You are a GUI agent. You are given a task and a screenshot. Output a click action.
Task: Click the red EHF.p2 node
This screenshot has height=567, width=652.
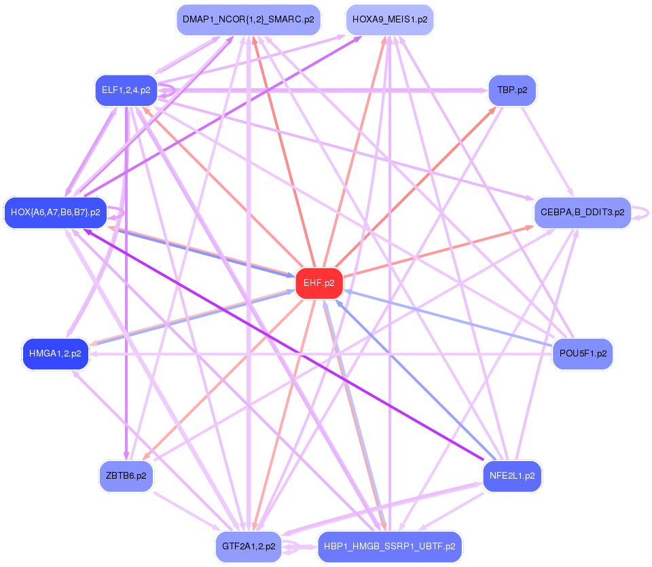pyautogui.click(x=319, y=283)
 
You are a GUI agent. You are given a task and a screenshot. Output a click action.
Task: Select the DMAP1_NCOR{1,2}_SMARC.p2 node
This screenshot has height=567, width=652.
pyautogui.click(x=248, y=20)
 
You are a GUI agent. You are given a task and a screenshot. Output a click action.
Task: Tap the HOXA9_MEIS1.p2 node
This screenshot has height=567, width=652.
pyautogui.click(x=389, y=20)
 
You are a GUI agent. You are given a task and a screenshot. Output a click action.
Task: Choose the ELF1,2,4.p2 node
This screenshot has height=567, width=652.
pyautogui.click(x=126, y=90)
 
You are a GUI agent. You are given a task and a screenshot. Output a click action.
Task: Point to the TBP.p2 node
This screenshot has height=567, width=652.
pyautogui.click(x=512, y=90)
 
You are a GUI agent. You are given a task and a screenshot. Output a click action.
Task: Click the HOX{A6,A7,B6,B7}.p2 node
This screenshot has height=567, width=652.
pyautogui.click(x=56, y=213)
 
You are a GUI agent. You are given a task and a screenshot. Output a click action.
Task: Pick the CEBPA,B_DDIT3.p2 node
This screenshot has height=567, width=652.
pyautogui.click(x=582, y=213)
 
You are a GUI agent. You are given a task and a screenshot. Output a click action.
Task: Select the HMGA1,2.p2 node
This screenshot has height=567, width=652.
pyautogui.click(x=56, y=353)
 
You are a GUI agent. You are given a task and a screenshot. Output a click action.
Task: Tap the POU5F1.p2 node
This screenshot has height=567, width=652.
pyautogui.click(x=582, y=353)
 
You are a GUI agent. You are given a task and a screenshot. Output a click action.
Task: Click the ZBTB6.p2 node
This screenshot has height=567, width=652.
pyautogui.click(x=126, y=475)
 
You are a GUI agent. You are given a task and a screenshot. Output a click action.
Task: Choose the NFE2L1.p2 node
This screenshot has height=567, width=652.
pyautogui.click(x=512, y=475)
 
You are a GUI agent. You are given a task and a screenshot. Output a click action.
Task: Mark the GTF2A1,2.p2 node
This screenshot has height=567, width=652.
pyautogui.click(x=249, y=546)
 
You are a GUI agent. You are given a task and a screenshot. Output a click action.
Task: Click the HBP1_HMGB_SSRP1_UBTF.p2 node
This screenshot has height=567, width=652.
pyautogui.click(x=389, y=546)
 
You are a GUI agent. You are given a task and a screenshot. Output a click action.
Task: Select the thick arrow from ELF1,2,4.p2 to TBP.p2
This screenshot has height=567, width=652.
pyautogui.click(x=326, y=90)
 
